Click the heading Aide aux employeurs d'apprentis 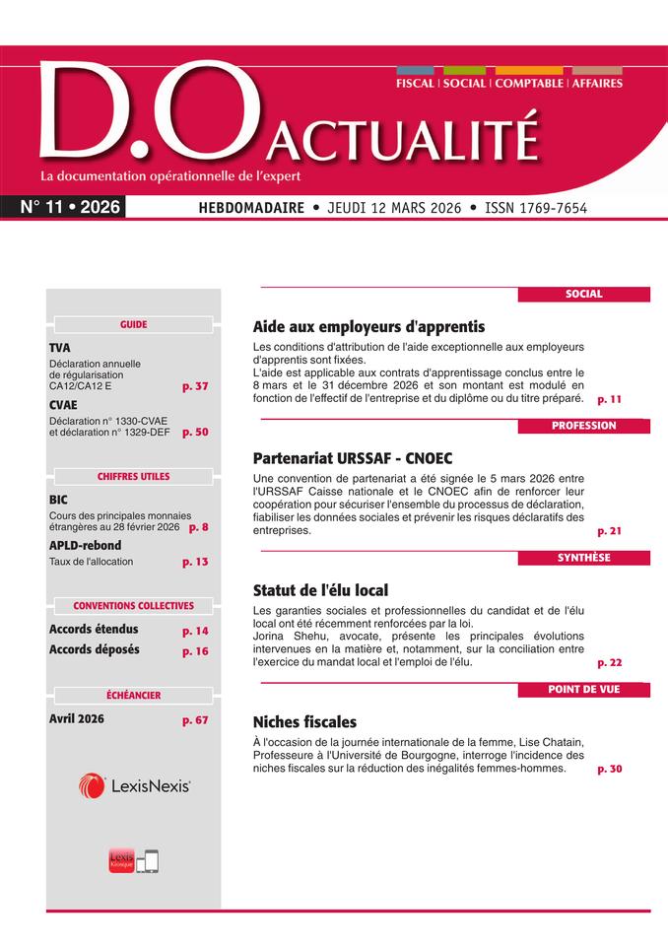[368, 326]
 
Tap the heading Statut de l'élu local [320, 590]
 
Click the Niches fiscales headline [304, 722]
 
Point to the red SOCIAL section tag [583, 294]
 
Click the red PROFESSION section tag [583, 426]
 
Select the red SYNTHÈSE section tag [583, 558]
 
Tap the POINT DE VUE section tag [583, 690]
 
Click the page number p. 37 [195, 386]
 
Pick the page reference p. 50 [195, 432]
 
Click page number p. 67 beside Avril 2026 [195, 720]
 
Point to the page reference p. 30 [609, 769]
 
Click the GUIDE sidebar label [133, 324]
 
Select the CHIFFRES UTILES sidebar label [133, 477]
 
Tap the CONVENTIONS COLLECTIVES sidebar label [133, 606]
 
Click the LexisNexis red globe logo [93, 785]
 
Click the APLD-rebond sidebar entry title [85, 545]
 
